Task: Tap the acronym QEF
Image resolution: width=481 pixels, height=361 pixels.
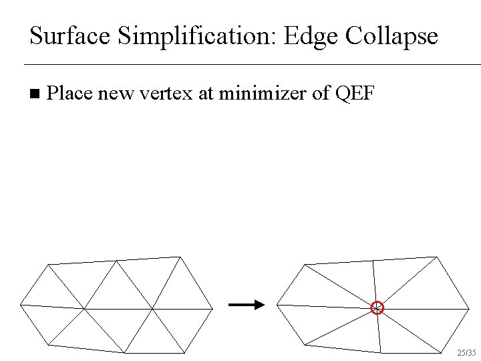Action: pos(359,94)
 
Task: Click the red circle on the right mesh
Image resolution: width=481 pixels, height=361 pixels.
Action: pos(377,308)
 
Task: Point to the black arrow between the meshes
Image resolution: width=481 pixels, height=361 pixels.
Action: pos(247,305)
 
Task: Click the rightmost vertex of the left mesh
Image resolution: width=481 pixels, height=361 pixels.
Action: pos(212,309)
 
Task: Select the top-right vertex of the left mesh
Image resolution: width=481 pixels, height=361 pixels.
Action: pos(180,257)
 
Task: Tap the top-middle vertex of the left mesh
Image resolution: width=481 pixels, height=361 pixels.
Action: pos(116,261)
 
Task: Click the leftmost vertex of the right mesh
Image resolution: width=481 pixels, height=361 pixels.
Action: pos(277,305)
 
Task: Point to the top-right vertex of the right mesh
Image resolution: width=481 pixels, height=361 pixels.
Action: pos(437,257)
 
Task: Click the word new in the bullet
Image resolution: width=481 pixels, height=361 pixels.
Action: pos(114,94)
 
